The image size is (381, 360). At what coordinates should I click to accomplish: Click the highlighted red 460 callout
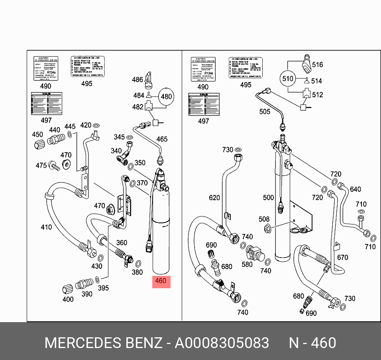click(x=160, y=281)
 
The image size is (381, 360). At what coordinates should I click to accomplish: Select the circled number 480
click(x=166, y=96)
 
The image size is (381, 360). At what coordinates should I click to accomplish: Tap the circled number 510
click(x=288, y=79)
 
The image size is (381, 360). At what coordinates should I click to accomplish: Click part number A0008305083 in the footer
click(x=222, y=343)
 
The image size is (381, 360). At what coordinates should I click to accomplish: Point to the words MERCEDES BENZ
click(x=103, y=343)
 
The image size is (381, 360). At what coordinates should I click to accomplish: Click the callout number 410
click(x=46, y=227)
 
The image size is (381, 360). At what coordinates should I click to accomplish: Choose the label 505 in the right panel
click(x=265, y=112)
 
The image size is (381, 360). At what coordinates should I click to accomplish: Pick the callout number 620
click(x=214, y=198)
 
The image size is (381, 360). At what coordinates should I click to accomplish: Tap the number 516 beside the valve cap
click(x=317, y=65)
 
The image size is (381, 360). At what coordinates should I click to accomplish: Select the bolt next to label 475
click(x=54, y=165)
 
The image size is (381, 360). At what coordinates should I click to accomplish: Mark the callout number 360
click(x=122, y=242)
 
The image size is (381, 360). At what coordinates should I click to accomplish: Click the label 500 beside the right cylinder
click(x=269, y=198)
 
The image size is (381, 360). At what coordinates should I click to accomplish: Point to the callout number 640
click(x=355, y=189)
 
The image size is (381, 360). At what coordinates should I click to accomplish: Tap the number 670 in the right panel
click(x=342, y=258)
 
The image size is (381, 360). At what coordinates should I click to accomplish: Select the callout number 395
click(x=103, y=288)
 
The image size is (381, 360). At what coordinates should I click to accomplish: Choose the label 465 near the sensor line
click(x=162, y=139)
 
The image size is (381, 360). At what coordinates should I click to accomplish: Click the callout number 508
click(x=264, y=219)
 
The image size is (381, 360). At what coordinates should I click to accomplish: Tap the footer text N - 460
click(x=312, y=343)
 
